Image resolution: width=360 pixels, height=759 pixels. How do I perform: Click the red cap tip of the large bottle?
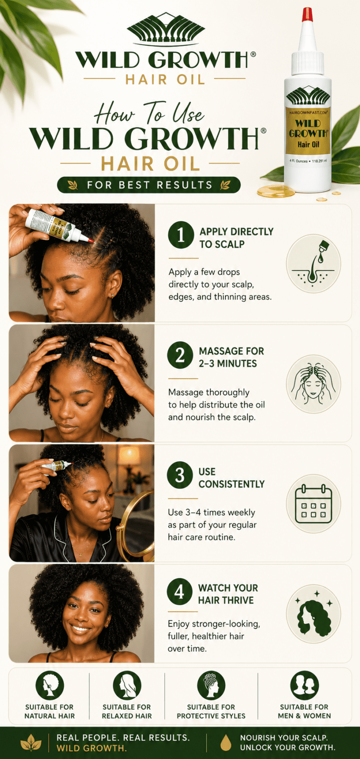click(x=307, y=15)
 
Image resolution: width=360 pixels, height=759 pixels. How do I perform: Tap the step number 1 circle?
click(x=181, y=235)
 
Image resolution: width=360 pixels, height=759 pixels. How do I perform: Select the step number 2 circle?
click(x=180, y=355)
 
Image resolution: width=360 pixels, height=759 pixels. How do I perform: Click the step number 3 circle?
click(x=180, y=475)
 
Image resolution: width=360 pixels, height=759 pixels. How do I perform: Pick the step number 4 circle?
click(x=180, y=591)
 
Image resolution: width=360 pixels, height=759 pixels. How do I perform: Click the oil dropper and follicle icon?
click(x=313, y=263)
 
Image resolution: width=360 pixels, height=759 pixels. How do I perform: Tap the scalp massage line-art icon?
click(x=313, y=383)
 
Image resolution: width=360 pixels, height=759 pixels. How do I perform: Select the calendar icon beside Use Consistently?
click(x=313, y=503)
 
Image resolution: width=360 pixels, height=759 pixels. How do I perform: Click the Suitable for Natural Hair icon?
click(x=50, y=685)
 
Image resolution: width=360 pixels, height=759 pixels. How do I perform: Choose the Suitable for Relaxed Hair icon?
click(x=127, y=685)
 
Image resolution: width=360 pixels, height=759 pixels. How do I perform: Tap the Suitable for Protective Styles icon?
click(x=211, y=685)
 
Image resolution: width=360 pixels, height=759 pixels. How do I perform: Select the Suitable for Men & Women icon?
click(x=305, y=685)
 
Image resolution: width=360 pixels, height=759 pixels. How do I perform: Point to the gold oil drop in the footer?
click(x=225, y=743)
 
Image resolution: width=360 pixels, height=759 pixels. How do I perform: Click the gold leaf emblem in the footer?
click(x=31, y=743)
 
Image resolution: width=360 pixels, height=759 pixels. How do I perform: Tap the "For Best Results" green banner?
click(x=149, y=185)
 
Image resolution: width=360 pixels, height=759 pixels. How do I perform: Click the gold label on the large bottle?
click(x=308, y=130)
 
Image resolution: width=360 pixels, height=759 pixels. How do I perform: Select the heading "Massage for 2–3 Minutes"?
click(x=231, y=357)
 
